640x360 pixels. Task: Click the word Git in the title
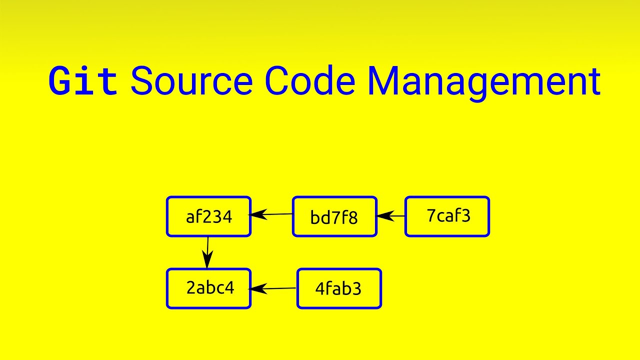[x=83, y=81]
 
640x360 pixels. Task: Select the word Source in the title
[x=191, y=81]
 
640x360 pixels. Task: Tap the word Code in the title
[x=310, y=81]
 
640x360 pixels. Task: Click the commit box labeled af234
[x=208, y=216]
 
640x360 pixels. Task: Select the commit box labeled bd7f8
[x=334, y=217]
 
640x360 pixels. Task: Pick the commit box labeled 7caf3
[x=447, y=216]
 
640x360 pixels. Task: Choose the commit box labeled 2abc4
[x=208, y=288]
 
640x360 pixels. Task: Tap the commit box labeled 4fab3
[x=339, y=289]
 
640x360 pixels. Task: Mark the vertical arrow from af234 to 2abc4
[x=207, y=252]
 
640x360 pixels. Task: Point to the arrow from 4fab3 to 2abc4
[x=273, y=288]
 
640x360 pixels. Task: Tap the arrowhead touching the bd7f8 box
[x=382, y=216]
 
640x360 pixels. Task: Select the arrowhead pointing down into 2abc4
[x=206, y=262]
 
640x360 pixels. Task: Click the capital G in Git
[x=60, y=81]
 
